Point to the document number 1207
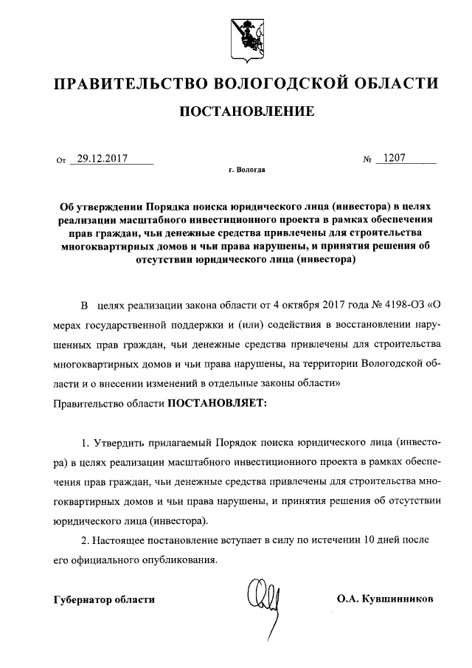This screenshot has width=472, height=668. click(x=390, y=157)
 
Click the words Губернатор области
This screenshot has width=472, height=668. click(x=104, y=599)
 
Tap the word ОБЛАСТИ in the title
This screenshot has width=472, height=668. click(x=398, y=83)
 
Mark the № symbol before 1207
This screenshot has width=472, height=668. click(x=366, y=159)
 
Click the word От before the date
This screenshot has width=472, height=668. click(x=61, y=159)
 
